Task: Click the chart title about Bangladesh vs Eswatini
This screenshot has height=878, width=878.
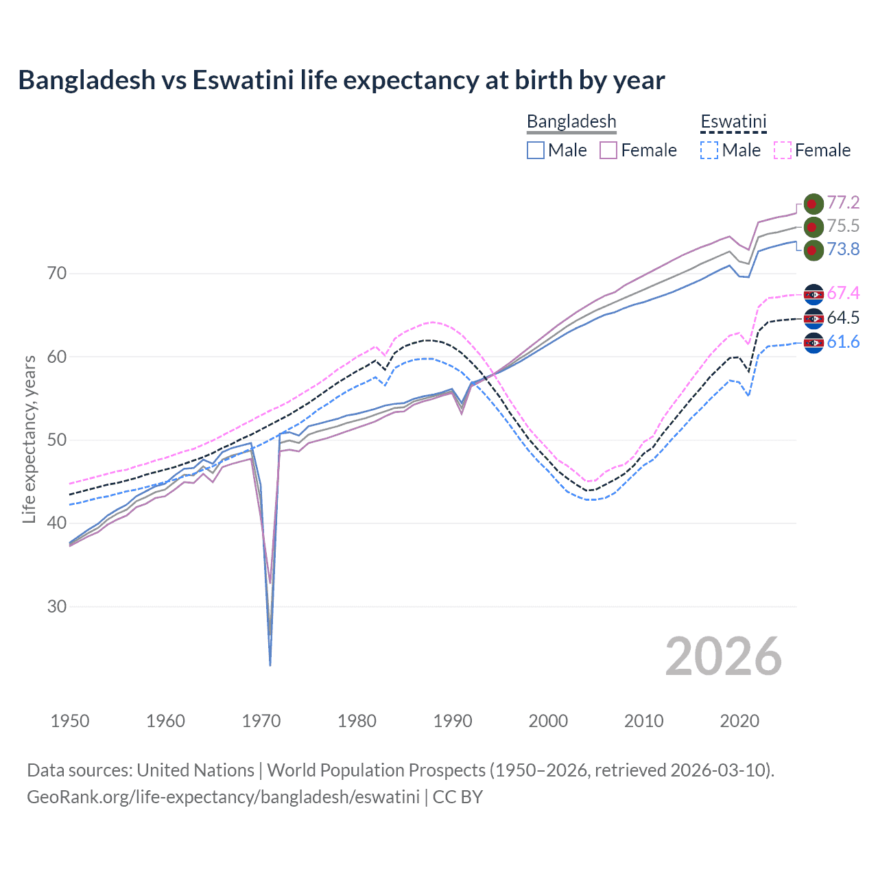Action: click(341, 80)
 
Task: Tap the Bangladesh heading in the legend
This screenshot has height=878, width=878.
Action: click(571, 121)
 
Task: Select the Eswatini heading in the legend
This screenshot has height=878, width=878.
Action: click(733, 121)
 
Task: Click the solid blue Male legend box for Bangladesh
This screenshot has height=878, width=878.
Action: click(536, 150)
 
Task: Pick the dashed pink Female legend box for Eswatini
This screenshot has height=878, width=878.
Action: click(783, 150)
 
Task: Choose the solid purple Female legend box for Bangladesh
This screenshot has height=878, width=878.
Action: click(608, 150)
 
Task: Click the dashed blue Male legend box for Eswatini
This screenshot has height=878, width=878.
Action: click(709, 150)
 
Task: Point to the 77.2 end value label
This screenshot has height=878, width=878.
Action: click(843, 202)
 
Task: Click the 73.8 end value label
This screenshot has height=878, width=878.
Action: click(843, 249)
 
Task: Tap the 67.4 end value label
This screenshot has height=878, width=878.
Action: click(843, 294)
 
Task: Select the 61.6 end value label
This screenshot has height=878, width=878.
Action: click(843, 342)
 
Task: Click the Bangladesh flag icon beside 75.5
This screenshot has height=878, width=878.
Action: click(813, 226)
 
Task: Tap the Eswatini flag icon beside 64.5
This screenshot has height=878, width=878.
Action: click(813, 318)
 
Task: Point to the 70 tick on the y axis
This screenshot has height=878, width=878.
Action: click(57, 273)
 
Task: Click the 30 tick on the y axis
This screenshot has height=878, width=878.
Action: click(57, 606)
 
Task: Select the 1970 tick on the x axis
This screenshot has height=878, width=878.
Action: click(261, 721)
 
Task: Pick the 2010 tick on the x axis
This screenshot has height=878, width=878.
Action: click(643, 721)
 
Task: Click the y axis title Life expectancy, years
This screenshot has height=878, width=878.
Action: click(29, 439)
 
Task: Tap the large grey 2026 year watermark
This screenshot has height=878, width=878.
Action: click(723, 656)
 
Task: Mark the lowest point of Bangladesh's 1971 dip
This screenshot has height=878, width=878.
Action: click(270, 665)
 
